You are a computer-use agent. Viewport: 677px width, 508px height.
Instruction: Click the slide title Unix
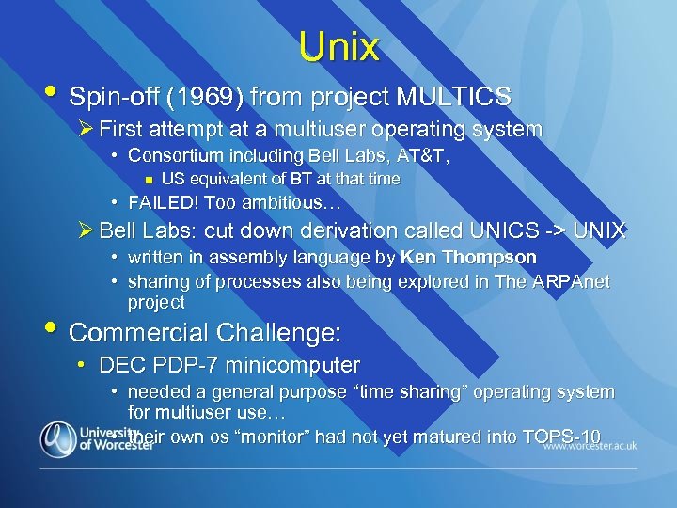click(x=338, y=46)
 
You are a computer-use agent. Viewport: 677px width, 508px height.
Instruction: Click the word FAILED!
click(x=163, y=202)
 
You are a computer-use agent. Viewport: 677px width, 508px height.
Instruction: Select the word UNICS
click(x=509, y=230)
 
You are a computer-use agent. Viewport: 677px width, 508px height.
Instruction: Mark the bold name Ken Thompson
click(x=468, y=257)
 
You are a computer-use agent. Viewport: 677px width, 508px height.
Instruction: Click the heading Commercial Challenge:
click(x=205, y=333)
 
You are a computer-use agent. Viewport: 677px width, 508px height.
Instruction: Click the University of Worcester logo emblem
click(x=58, y=438)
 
